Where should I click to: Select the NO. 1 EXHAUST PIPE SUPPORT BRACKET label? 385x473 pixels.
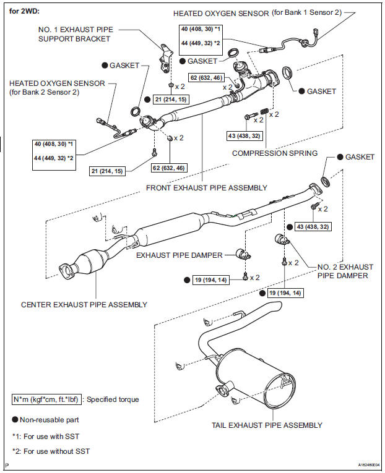[82, 33]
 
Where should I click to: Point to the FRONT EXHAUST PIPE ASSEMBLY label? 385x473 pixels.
[207, 187]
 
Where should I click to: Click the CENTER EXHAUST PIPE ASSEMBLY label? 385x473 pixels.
[84, 304]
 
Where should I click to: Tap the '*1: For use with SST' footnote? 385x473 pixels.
[46, 437]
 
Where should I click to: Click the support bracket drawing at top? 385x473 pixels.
[165, 59]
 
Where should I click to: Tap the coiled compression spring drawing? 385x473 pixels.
[264, 113]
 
